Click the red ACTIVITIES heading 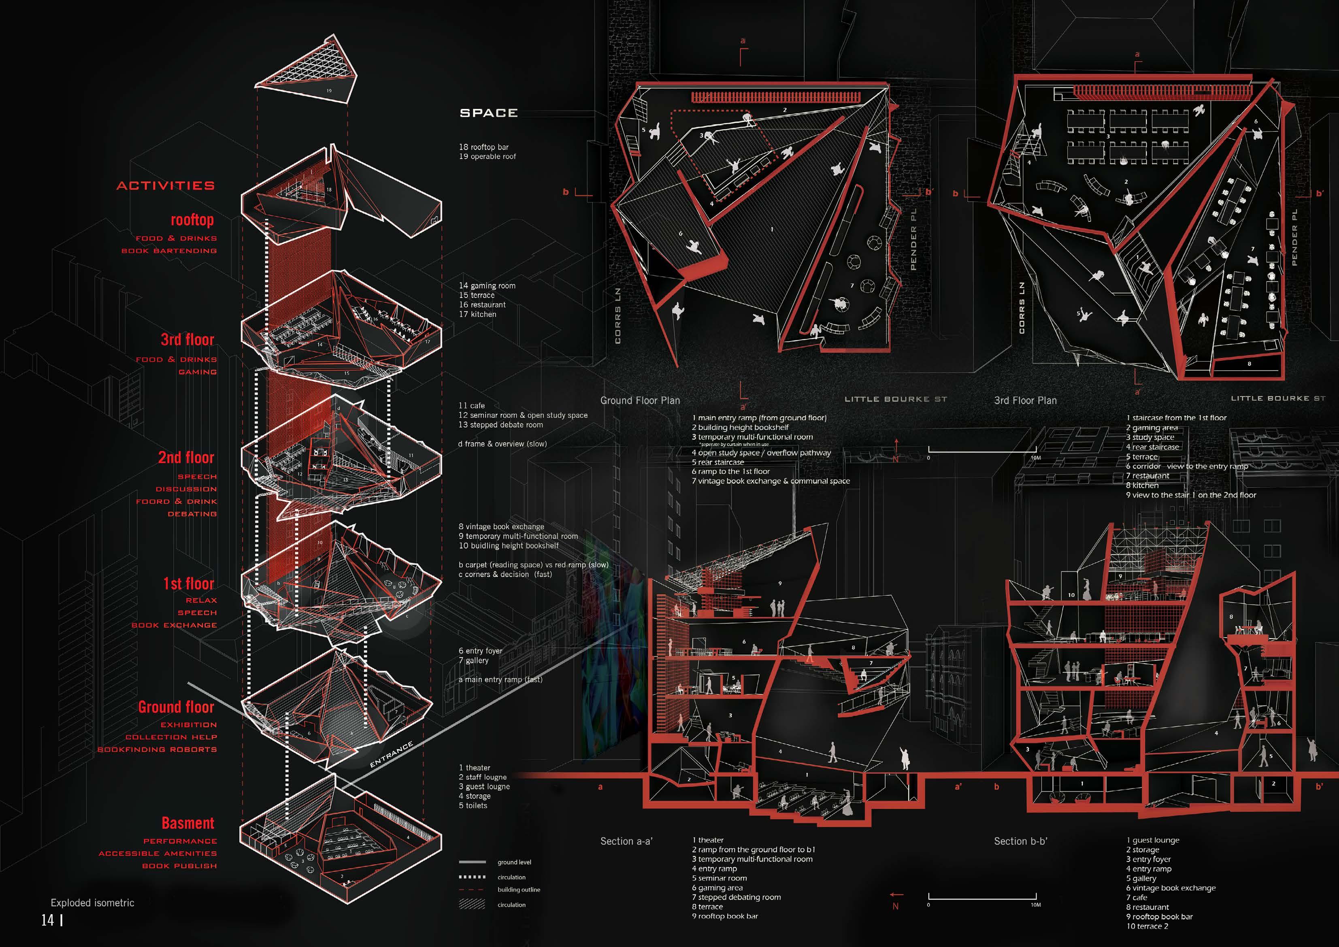click(x=166, y=186)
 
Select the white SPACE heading click(x=489, y=113)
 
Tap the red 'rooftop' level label click(x=192, y=220)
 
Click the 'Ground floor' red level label click(x=176, y=707)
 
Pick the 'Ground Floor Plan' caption click(x=640, y=400)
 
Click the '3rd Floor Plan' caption click(x=1025, y=400)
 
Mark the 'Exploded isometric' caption click(x=92, y=903)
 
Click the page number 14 click(x=47, y=920)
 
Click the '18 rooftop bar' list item click(x=483, y=147)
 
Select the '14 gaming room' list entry click(x=487, y=286)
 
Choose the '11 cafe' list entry click(x=471, y=405)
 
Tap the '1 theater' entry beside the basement click(x=474, y=767)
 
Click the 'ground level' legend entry click(x=514, y=862)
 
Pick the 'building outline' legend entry click(x=518, y=889)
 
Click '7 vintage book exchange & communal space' click(x=771, y=481)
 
